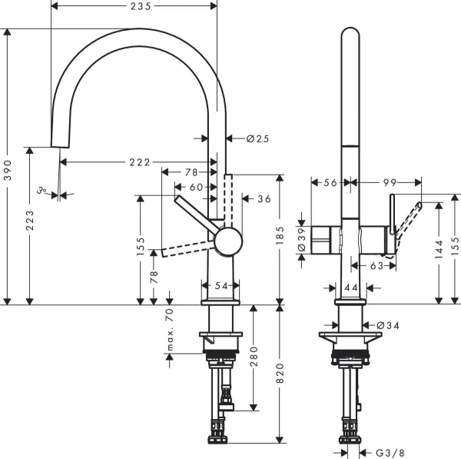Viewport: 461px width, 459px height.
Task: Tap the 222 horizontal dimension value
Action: pos(139,162)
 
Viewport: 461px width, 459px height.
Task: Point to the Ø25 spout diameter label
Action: pos(257,138)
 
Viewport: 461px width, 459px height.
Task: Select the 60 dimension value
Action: pos(197,187)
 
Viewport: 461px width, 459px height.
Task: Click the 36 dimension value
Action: pos(264,198)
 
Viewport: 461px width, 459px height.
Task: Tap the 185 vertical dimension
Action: pos(280,239)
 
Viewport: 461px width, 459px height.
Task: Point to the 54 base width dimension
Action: pos(221,285)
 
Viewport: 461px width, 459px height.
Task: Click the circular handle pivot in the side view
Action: pos(227,241)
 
